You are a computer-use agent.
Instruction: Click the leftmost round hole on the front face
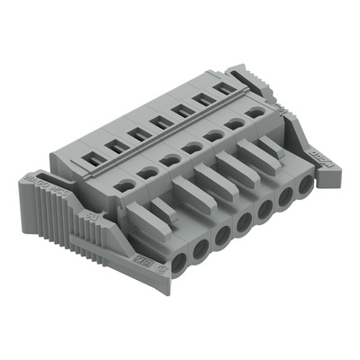tap(180, 261)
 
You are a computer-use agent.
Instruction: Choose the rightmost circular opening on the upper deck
tap(257, 112)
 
